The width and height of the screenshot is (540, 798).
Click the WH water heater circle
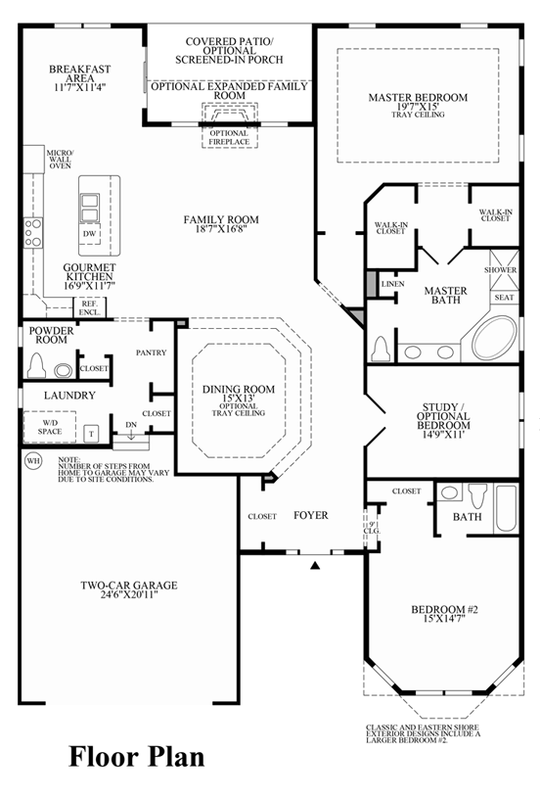[33, 461]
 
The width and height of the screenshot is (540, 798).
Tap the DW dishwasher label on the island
[89, 234]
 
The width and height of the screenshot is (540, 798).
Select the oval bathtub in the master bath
[494, 338]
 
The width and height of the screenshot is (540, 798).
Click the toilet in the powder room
[36, 365]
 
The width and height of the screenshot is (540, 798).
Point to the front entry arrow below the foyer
[315, 564]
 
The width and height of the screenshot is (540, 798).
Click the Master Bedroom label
[418, 97]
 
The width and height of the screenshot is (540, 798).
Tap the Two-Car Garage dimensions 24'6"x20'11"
[129, 594]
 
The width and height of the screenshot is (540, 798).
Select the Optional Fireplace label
[229, 137]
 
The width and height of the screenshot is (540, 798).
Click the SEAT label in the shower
[504, 298]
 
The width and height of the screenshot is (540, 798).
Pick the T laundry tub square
[92, 434]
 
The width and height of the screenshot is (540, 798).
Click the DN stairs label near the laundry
[131, 424]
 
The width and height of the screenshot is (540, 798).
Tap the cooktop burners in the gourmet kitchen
[33, 233]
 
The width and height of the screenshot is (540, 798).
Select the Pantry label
[151, 352]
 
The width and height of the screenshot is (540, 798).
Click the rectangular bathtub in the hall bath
[506, 508]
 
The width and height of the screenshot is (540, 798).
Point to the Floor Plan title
[137, 756]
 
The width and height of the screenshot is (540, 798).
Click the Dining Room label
[239, 390]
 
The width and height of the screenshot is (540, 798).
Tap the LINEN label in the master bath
[392, 284]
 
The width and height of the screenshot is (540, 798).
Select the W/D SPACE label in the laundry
[50, 427]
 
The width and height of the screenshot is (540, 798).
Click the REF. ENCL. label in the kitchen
[89, 307]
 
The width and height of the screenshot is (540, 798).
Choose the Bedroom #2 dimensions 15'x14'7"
[444, 619]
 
